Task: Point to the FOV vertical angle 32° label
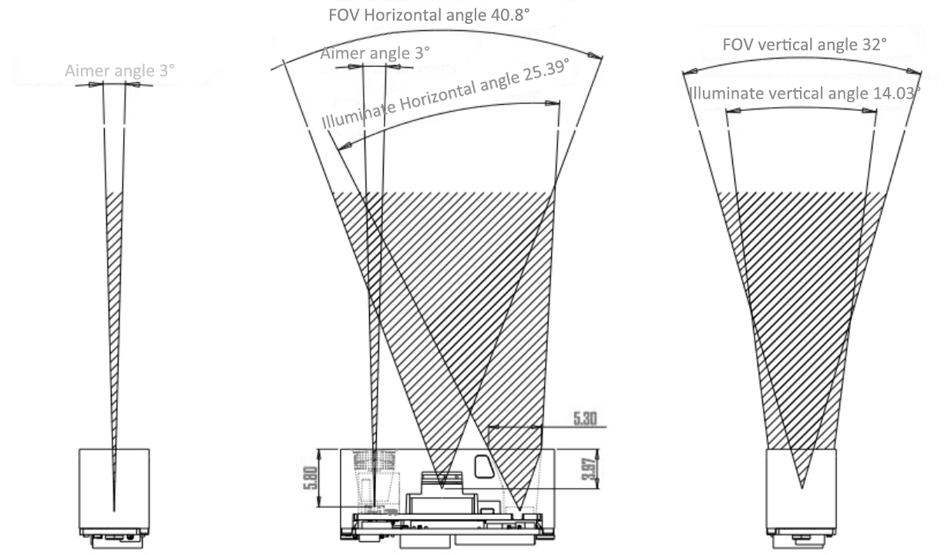[x=805, y=45]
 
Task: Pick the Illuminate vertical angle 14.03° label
[x=805, y=93]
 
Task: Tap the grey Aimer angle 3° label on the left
[x=119, y=70]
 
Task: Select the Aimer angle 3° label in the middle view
[x=375, y=53]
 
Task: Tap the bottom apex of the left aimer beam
[x=114, y=510]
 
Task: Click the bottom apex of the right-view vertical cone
[x=801, y=488]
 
